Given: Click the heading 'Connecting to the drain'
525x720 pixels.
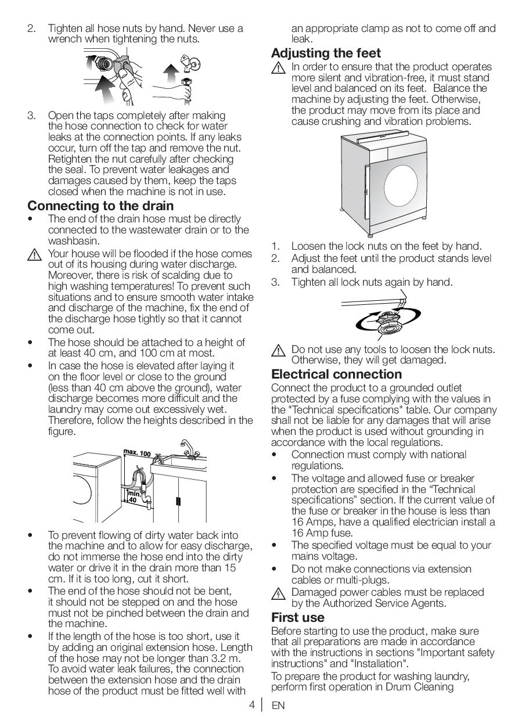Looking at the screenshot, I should (x=100, y=206).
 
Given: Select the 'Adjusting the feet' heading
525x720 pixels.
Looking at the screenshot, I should (x=326, y=53).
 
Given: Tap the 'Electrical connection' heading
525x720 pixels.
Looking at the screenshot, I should (x=336, y=375).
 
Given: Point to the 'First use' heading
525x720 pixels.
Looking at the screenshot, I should (x=297, y=617).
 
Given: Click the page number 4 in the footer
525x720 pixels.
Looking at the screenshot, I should (x=252, y=705).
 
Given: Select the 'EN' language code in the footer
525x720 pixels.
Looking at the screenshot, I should (x=278, y=706).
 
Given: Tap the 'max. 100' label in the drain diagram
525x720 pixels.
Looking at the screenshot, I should (x=137, y=453).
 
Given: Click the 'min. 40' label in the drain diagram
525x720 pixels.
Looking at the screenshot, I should (x=133, y=496).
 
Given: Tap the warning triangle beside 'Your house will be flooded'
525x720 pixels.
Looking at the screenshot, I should (x=34, y=255).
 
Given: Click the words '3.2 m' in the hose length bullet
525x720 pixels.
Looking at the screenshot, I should (x=229, y=658).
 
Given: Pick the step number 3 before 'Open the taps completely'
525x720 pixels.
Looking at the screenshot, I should (x=31, y=116).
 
